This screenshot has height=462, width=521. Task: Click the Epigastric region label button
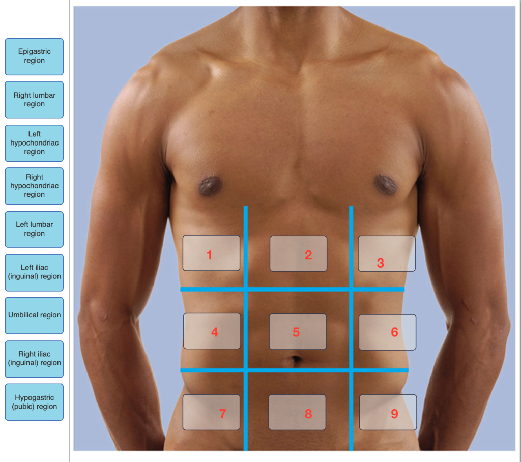pyautogui.click(x=34, y=56)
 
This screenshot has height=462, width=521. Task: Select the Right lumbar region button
pyautogui.click(x=34, y=100)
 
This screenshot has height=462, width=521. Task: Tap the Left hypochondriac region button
pyautogui.click(x=34, y=143)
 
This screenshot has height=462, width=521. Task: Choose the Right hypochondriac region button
pyautogui.click(x=34, y=186)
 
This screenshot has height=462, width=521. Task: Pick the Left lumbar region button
pyautogui.click(x=34, y=229)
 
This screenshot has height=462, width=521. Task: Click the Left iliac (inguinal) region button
pyautogui.click(x=34, y=272)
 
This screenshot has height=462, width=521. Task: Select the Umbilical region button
pyautogui.click(x=34, y=315)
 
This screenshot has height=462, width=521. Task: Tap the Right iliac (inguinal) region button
pyautogui.click(x=34, y=359)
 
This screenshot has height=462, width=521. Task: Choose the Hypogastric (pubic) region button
pyautogui.click(x=34, y=402)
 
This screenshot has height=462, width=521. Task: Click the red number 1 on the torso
pyautogui.click(x=209, y=255)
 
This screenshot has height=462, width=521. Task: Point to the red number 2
pyautogui.click(x=308, y=255)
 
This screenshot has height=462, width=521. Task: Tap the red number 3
pyautogui.click(x=381, y=263)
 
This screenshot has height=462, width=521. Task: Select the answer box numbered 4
pyautogui.click(x=212, y=331)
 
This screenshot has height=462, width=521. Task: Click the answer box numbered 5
pyautogui.click(x=298, y=331)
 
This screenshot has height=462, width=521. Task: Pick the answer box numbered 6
pyautogui.click(x=387, y=332)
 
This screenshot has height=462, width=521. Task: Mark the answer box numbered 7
pyautogui.click(x=211, y=412)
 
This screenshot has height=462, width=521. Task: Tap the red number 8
pyautogui.click(x=308, y=414)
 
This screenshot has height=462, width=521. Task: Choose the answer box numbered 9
pyautogui.click(x=388, y=412)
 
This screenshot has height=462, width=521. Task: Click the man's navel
pyautogui.click(x=295, y=360)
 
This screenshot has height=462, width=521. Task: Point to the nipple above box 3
pyautogui.click(x=385, y=184)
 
